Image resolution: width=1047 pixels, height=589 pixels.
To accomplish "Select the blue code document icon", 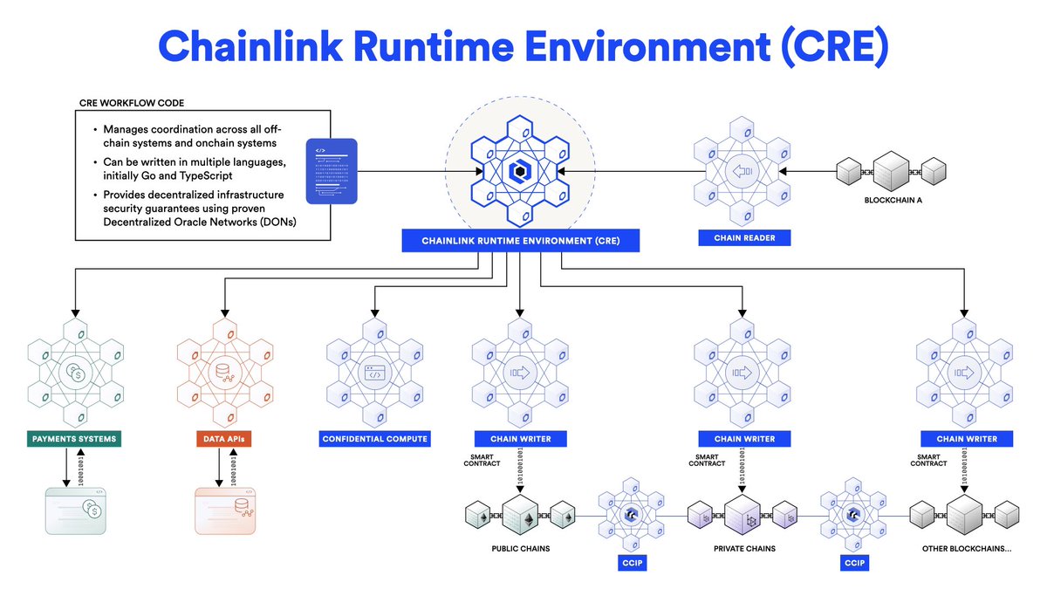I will coord(332,171).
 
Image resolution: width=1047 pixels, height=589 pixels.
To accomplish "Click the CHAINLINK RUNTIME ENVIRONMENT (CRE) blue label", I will coord(520,240).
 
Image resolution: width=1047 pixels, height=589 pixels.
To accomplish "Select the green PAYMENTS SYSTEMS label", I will coord(73,438).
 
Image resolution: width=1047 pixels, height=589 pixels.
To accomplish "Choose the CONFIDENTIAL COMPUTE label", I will coord(375,438).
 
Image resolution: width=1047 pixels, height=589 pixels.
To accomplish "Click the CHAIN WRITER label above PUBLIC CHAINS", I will coord(519,438).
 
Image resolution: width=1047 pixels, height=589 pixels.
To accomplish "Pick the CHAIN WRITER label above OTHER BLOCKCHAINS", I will coord(966,438).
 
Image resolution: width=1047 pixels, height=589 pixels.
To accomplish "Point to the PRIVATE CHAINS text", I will coord(743,549).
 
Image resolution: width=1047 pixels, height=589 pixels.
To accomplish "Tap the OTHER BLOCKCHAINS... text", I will coord(966,549).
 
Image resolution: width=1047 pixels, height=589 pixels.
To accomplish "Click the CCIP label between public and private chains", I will coord(632,563).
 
